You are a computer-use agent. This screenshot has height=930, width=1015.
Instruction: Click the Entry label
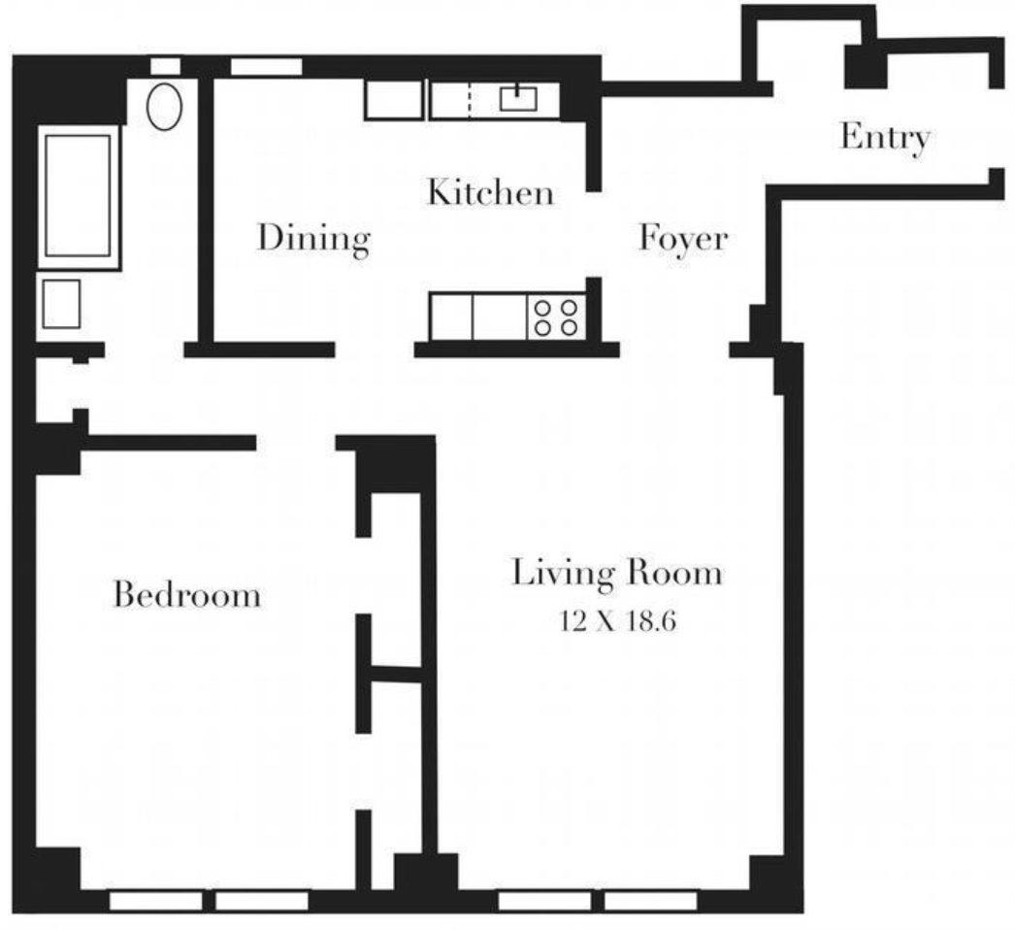884,138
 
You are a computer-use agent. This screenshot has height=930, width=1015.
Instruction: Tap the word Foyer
682,238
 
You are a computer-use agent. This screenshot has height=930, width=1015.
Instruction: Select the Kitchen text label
491,192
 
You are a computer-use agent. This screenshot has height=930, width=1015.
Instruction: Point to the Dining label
312,238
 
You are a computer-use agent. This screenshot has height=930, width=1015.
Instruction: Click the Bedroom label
187,593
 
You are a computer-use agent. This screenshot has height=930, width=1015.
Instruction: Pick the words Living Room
616,573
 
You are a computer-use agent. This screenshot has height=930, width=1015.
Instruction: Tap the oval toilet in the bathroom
165,106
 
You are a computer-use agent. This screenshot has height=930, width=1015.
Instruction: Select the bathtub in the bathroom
78,196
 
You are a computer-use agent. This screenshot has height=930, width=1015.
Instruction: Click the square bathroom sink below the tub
60,304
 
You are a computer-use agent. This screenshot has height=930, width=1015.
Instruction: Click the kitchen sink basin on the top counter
518,99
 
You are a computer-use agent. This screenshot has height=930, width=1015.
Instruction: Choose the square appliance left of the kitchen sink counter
393,100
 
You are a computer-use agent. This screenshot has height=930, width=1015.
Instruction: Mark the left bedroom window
155,901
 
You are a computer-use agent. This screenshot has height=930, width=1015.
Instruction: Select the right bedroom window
261,901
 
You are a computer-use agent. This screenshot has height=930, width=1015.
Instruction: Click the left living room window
544,901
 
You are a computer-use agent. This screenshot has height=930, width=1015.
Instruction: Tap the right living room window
651,901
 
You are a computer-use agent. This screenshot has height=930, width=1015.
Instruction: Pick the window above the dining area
266,67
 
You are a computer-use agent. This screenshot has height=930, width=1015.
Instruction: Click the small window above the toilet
165,66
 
